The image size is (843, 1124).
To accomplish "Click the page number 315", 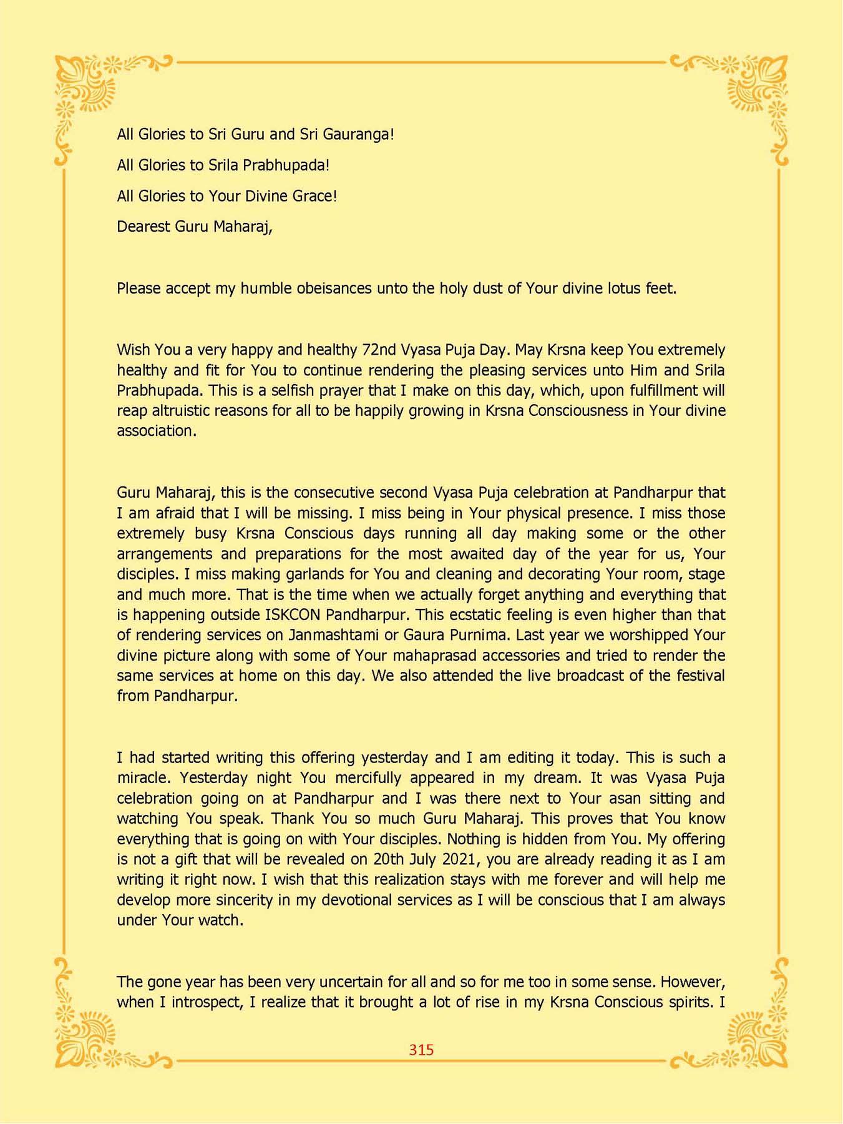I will [421, 1050].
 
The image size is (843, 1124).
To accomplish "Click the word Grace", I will [315, 196].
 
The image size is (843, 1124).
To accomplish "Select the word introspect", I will [209, 1002].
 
